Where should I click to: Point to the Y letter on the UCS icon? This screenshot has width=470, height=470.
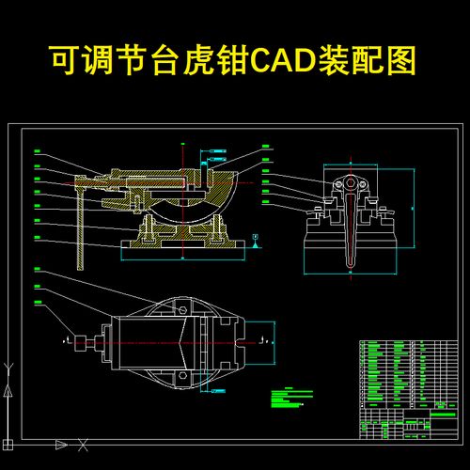8,388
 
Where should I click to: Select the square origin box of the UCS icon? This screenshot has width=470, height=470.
8,442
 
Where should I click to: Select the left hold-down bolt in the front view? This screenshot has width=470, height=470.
319,208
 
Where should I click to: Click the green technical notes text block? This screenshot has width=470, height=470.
287,399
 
